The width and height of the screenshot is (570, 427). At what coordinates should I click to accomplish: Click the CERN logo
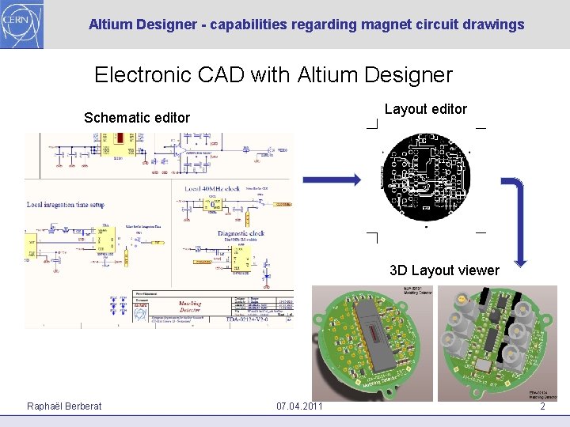point(22,24)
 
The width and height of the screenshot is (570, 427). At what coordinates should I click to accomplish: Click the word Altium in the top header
point(111,25)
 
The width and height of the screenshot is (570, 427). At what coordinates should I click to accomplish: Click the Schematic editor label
point(137,118)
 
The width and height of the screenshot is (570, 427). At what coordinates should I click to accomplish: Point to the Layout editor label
point(425,109)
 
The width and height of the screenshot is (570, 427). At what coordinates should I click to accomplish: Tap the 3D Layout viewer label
point(444,270)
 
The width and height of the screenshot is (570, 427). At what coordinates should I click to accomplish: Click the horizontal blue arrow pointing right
point(331,179)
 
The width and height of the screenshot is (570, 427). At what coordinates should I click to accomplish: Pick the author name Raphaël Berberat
point(64,406)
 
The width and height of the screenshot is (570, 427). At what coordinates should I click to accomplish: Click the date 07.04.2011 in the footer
point(299,406)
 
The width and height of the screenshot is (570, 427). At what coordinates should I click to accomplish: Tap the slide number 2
point(542,406)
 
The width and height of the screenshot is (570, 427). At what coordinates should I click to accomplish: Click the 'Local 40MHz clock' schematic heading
point(213,189)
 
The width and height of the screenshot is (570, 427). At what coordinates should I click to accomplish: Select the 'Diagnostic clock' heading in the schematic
point(241,233)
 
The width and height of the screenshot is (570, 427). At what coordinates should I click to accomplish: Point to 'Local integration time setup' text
point(65,205)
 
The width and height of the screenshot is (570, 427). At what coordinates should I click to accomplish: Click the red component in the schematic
point(118,138)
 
